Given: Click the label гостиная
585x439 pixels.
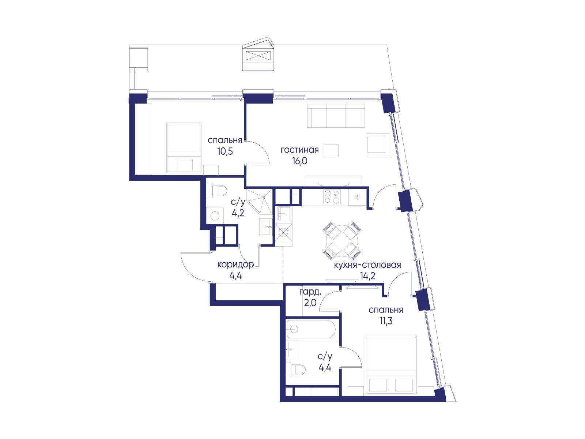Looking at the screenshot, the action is pos(299,150).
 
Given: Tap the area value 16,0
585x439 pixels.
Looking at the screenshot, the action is pos(299,161).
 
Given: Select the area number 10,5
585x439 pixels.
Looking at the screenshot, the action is pos(225,151).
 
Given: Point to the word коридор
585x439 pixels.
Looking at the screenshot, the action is pos(235,265).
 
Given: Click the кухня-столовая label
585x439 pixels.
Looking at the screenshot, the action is pos(367,265).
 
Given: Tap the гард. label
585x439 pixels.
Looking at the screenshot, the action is pos(310,292).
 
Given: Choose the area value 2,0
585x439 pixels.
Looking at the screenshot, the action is pos(310,303).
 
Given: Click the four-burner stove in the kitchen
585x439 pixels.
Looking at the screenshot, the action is pos(332,197).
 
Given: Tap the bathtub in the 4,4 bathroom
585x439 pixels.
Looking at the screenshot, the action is pos(312,330).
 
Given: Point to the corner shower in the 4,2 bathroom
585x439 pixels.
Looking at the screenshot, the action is pos(259,202).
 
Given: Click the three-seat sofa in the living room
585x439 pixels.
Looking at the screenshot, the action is pos(336,116).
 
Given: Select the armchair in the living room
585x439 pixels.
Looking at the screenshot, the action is pos(378,144).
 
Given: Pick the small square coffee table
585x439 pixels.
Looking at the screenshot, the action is pos(331,150).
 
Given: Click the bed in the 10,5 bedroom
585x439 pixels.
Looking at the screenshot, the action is pos(184,147).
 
